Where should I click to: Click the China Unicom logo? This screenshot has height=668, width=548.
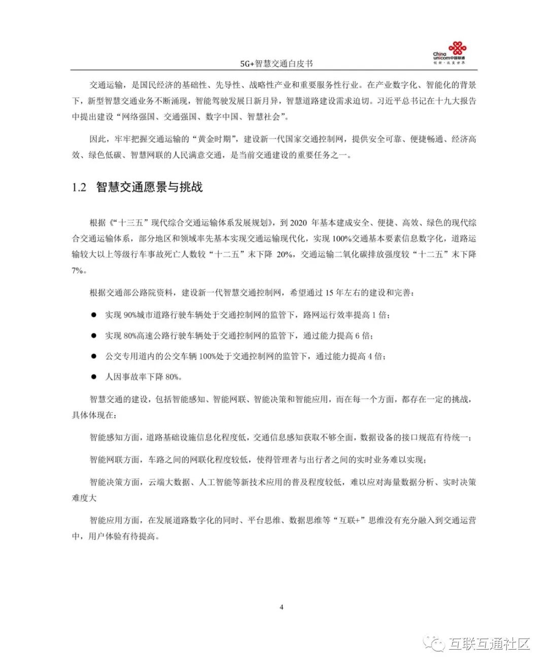[450, 54]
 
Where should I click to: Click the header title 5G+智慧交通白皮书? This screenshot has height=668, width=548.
[277, 63]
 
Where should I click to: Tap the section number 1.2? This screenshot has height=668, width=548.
[79, 188]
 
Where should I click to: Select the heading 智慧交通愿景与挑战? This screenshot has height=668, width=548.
[150, 188]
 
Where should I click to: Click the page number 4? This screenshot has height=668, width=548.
[282, 607]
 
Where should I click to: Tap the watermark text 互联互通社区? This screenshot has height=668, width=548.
[489, 644]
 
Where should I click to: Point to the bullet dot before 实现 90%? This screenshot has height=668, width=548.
[93, 315]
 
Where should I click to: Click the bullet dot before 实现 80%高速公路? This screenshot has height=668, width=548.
[93, 336]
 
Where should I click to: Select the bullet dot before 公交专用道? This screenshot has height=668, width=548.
[93, 356]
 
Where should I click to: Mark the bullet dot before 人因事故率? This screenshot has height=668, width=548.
[93, 377]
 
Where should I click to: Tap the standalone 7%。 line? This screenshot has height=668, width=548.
[79, 270]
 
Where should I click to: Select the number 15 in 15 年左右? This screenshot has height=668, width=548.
[329, 293]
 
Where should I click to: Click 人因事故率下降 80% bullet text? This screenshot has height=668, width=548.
[143, 377]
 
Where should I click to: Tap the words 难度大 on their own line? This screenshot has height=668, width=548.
[84, 498]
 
